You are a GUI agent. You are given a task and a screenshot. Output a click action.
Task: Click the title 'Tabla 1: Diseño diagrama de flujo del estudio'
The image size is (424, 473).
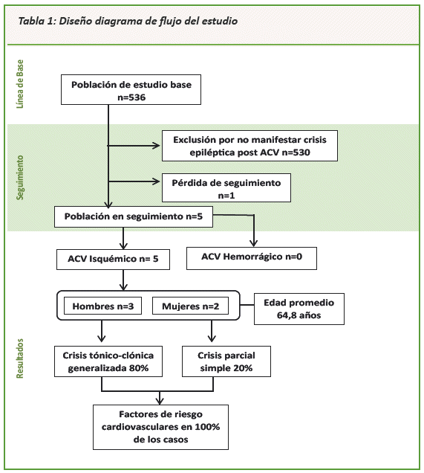[x=128, y=21]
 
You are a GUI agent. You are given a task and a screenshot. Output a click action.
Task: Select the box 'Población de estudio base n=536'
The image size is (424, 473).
[x=131, y=89]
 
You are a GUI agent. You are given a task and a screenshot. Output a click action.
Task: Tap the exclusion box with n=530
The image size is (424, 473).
[x=249, y=146]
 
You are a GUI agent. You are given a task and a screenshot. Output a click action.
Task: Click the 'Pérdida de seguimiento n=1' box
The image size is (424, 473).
[x=226, y=187]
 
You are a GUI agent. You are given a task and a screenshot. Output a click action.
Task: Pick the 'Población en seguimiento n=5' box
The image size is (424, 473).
[x=134, y=216]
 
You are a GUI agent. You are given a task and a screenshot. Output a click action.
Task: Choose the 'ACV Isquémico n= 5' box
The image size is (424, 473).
[x=113, y=259]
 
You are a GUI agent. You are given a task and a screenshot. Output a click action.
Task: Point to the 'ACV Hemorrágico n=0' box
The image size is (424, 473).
[x=252, y=258]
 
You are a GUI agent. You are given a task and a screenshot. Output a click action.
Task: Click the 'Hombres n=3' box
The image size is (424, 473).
[x=102, y=306]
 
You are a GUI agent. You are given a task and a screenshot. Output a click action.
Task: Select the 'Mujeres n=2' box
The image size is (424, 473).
[x=190, y=306]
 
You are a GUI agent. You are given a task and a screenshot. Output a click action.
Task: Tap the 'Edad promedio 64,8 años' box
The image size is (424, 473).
[x=299, y=309]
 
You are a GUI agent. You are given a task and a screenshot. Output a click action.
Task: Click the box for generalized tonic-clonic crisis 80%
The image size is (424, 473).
[x=108, y=361]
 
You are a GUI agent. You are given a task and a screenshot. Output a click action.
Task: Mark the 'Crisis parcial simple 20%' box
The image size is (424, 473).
[x=226, y=361]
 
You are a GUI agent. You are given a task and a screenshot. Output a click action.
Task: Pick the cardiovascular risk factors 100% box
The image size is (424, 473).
[x=160, y=427]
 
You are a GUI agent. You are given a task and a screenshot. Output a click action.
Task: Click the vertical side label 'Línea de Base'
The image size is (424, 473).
[x=20, y=84]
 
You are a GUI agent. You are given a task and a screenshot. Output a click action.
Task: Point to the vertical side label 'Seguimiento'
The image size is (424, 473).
[x=20, y=177]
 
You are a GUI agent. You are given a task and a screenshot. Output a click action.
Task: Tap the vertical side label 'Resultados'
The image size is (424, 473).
[x=20, y=358]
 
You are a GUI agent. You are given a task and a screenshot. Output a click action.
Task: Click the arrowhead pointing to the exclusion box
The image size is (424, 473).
[x=157, y=146]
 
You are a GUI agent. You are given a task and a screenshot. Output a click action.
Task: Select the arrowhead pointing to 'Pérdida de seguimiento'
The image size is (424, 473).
[x=157, y=181]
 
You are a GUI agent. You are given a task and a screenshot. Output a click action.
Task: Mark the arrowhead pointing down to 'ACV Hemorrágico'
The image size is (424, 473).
[x=254, y=243]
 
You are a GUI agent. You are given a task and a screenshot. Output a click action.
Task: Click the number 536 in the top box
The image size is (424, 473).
[x=137, y=97]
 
